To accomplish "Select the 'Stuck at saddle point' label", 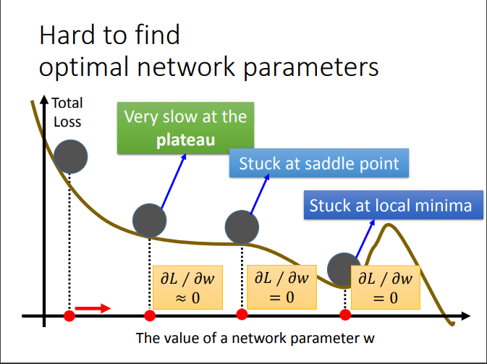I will click(318, 163).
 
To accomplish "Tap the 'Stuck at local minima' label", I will click(390, 206).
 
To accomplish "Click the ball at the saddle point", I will click(242, 227).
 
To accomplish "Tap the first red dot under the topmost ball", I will click(69, 316).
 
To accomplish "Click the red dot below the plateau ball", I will click(150, 316).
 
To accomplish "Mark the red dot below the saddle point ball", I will click(242, 314).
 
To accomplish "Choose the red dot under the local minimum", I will click(345, 316).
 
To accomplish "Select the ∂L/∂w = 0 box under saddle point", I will click(281, 287).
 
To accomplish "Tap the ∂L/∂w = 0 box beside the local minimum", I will click(385, 287).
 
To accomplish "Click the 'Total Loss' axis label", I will click(67, 112).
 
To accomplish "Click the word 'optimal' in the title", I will click(82, 67).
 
